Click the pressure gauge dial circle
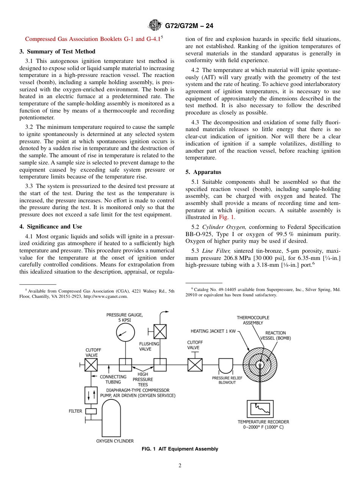tap(125, 333)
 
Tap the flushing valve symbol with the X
tap(160, 332)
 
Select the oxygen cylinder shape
tap(109, 417)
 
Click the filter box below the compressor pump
tap(91, 411)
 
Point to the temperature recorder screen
tap(260, 408)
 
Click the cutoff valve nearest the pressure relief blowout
tap(195, 365)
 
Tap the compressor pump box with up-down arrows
tap(91, 395)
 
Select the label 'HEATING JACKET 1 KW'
tap(213, 331)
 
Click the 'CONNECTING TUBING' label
tap(113, 379)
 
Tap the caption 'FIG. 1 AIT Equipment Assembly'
tap(180, 449)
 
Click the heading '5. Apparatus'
tap(203, 172)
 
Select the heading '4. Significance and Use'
tap(50, 227)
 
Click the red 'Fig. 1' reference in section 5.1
tap(226, 218)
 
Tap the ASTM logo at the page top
tap(155, 25)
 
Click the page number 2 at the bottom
tap(180, 466)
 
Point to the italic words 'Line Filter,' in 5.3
tap(216, 251)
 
